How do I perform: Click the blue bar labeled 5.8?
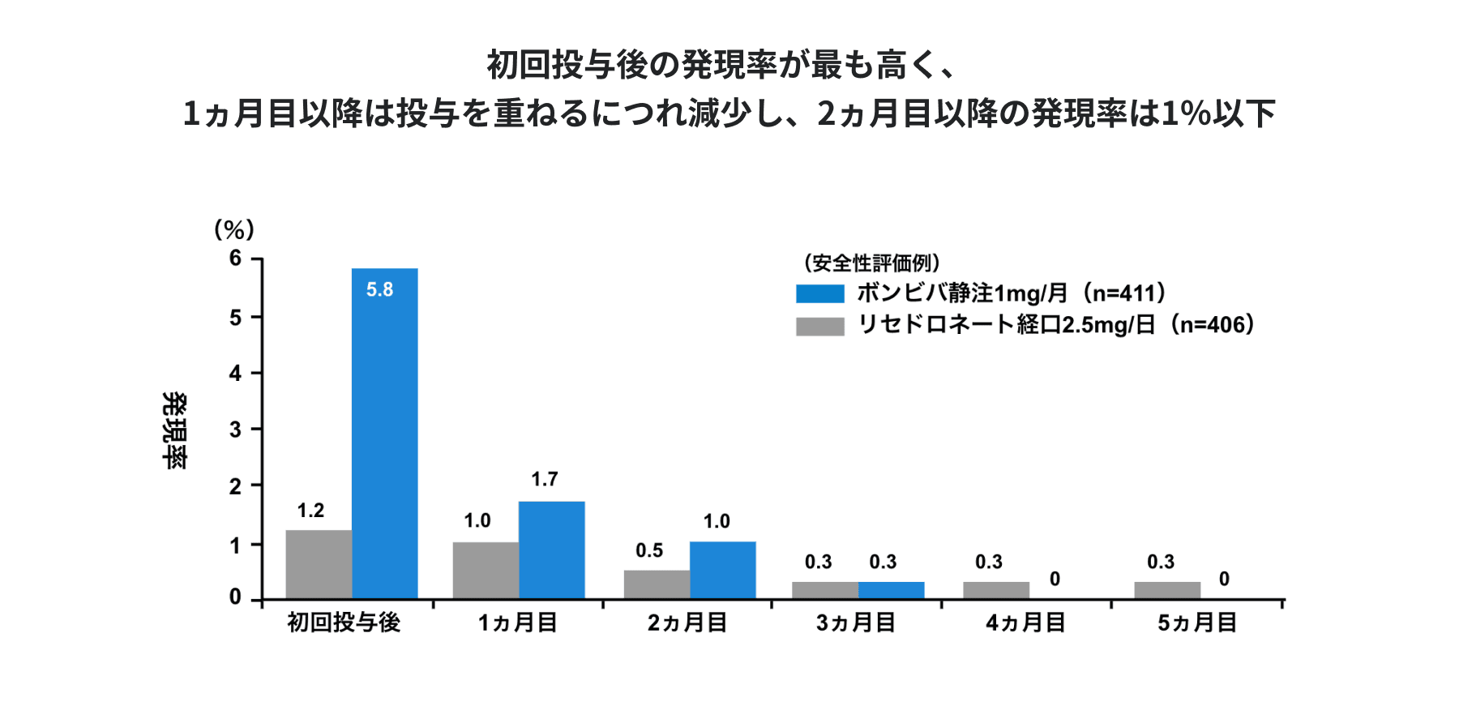(384, 434)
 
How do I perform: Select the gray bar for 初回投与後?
(319, 565)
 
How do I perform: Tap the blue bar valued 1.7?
(551, 550)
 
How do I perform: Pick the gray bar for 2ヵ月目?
(657, 584)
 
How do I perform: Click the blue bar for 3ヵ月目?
(891, 590)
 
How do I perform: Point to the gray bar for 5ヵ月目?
(1167, 590)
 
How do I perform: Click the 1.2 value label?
(310, 511)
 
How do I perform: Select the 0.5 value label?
(649, 551)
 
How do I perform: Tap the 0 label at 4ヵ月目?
(1055, 579)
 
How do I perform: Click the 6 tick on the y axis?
(235, 259)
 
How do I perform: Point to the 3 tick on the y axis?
(235, 430)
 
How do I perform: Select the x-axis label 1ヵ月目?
(517, 622)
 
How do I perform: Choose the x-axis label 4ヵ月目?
(1025, 622)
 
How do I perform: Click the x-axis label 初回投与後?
(344, 622)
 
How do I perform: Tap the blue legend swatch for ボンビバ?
(819, 293)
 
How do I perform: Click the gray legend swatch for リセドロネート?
(819, 326)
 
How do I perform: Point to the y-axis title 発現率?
(174, 430)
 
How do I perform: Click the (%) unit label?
(234, 230)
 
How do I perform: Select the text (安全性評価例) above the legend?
(871, 263)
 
